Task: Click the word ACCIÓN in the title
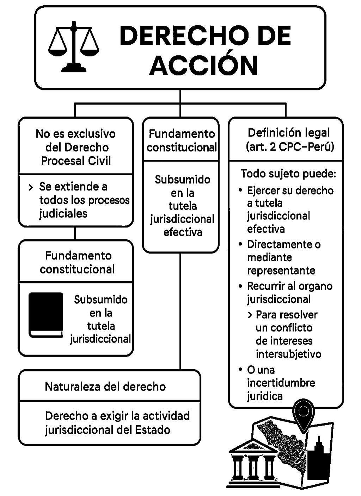click(204, 65)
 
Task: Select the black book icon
click(46, 314)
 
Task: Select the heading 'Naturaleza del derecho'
click(105, 387)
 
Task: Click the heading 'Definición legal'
click(289, 133)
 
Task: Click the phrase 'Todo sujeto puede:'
click(288, 174)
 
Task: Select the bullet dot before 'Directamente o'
click(240, 244)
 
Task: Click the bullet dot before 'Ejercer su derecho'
click(240, 190)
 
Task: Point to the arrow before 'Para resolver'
click(250, 315)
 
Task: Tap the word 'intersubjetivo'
click(288, 354)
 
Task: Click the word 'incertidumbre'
click(281, 383)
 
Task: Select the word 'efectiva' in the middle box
click(183, 232)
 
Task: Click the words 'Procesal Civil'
click(76, 161)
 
